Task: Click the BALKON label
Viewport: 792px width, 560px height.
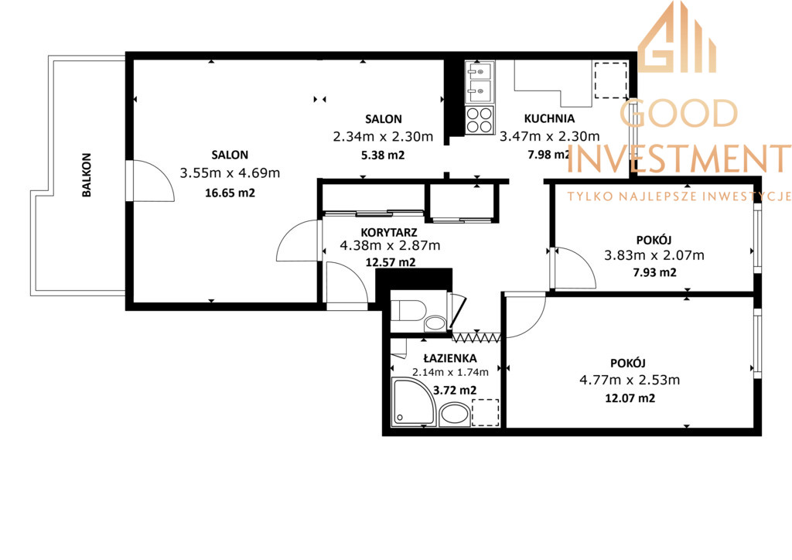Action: point(87,175)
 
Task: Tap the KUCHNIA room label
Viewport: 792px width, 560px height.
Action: point(550,118)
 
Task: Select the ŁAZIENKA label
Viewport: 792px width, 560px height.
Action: point(450,359)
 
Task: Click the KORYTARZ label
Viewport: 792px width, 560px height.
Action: point(389,232)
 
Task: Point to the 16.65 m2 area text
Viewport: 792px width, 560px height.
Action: point(230,193)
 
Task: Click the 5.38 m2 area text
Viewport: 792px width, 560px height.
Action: point(383,155)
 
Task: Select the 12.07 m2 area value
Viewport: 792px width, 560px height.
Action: point(630,398)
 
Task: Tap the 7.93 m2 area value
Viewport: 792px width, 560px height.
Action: point(654,272)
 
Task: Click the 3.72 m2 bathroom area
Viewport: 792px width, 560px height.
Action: point(455,391)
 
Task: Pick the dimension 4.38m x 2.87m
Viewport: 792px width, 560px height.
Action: point(390,246)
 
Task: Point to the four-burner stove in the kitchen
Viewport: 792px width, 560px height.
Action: point(480,120)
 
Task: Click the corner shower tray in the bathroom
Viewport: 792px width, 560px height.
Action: point(414,402)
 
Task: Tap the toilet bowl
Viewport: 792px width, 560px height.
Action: point(408,310)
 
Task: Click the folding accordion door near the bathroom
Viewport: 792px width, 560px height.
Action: point(476,337)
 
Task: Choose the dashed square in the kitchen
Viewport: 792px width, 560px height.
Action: point(611,80)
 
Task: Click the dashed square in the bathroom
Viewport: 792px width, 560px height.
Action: point(486,412)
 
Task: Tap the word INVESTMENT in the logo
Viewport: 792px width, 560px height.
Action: point(679,158)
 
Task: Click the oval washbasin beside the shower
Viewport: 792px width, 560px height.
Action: point(455,414)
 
